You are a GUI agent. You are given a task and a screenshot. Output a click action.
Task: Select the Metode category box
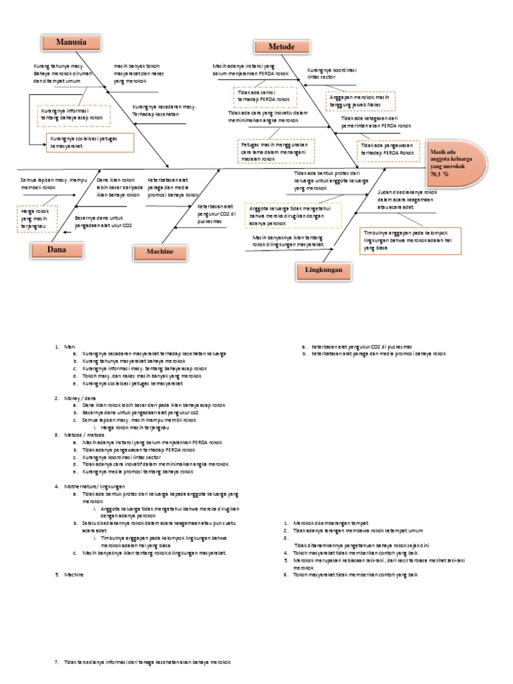click(282, 47)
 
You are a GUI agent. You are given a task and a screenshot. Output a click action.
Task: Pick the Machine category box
click(160, 252)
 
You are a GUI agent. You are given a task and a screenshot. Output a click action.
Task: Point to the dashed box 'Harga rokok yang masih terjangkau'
click(37, 218)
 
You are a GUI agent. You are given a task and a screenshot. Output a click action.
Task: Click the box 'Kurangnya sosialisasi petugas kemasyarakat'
click(90, 142)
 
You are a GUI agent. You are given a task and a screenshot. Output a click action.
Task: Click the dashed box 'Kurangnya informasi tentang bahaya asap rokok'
click(73, 115)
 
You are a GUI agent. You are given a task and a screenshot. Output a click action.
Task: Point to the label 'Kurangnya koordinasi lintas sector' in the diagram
click(333, 73)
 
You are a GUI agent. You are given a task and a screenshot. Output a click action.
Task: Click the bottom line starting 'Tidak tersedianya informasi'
click(147, 661)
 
